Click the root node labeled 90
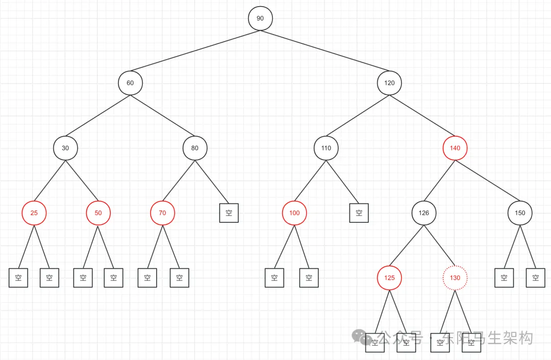coord(260,18)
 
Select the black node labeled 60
coord(130,83)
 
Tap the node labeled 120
coord(389,83)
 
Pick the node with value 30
coord(65,148)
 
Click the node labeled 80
coord(195,148)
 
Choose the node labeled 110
coord(326,148)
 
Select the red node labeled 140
coord(455,148)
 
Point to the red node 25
coord(34,213)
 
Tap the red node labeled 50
coord(98,213)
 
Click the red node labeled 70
coord(162,213)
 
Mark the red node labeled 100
coord(294,213)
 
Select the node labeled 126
coord(424,213)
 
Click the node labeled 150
coord(520,213)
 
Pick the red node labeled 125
coord(389,278)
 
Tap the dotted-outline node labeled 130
coord(455,278)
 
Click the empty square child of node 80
coord(229,213)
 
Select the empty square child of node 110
coord(359,213)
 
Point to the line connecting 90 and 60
coord(195,50)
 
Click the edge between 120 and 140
coord(422,115)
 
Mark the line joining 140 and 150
coord(488,181)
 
